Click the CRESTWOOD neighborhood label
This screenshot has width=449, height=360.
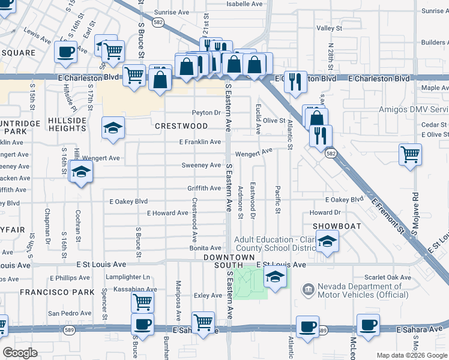181,126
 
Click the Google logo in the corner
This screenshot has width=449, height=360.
20,353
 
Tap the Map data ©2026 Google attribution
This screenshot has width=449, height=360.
411,355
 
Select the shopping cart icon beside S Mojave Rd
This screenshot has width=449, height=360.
410,154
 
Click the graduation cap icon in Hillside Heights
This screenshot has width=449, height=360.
113,127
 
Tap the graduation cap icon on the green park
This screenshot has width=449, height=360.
275,277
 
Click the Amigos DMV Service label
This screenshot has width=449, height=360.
414,110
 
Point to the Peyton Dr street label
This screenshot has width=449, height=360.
206,113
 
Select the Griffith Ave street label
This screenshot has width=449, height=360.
204,188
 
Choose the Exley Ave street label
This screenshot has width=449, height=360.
208,295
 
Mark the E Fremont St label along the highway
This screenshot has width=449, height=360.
388,214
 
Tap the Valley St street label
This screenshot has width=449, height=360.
329,28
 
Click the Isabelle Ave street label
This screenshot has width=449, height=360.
244,4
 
